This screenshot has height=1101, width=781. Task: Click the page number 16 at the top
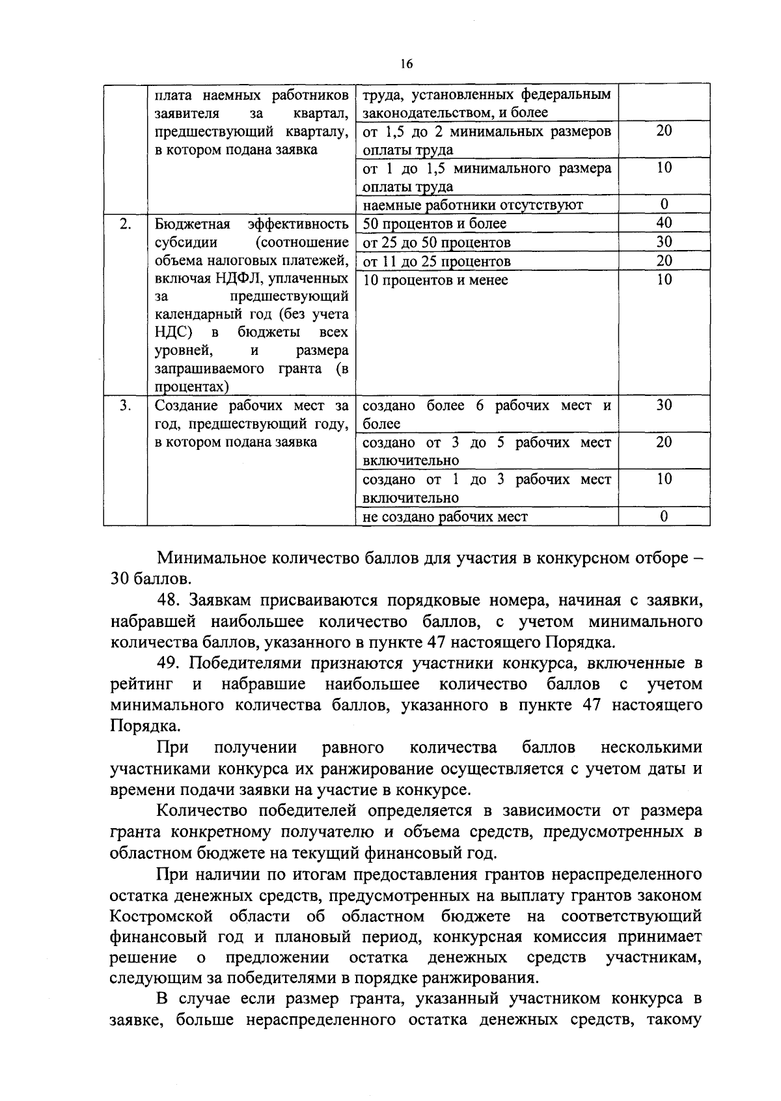pos(407,64)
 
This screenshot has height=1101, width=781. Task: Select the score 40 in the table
pos(664,223)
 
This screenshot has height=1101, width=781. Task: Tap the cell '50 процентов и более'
pos(434,224)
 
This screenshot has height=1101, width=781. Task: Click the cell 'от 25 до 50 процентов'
pos(436,243)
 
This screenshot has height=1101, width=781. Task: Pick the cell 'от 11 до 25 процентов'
pos(436,262)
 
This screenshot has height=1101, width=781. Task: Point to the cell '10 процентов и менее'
pos(435,281)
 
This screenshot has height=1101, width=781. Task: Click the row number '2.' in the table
pos(126,224)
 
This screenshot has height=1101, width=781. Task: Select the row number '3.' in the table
pos(126,405)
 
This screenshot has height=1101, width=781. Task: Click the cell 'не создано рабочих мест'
pos(445,517)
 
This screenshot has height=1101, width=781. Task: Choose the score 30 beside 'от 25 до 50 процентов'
pos(664,242)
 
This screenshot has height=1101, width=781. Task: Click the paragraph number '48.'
pos(171,600)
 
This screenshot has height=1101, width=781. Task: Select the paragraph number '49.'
pos(171,663)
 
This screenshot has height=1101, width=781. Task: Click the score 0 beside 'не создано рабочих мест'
pos(664,516)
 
